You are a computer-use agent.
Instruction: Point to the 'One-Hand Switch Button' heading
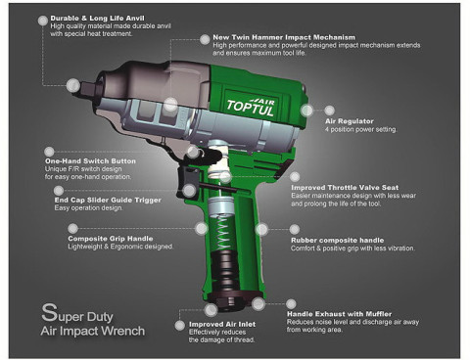89,158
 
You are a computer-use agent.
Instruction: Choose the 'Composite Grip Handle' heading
112,238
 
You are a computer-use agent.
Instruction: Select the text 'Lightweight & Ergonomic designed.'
119,247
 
